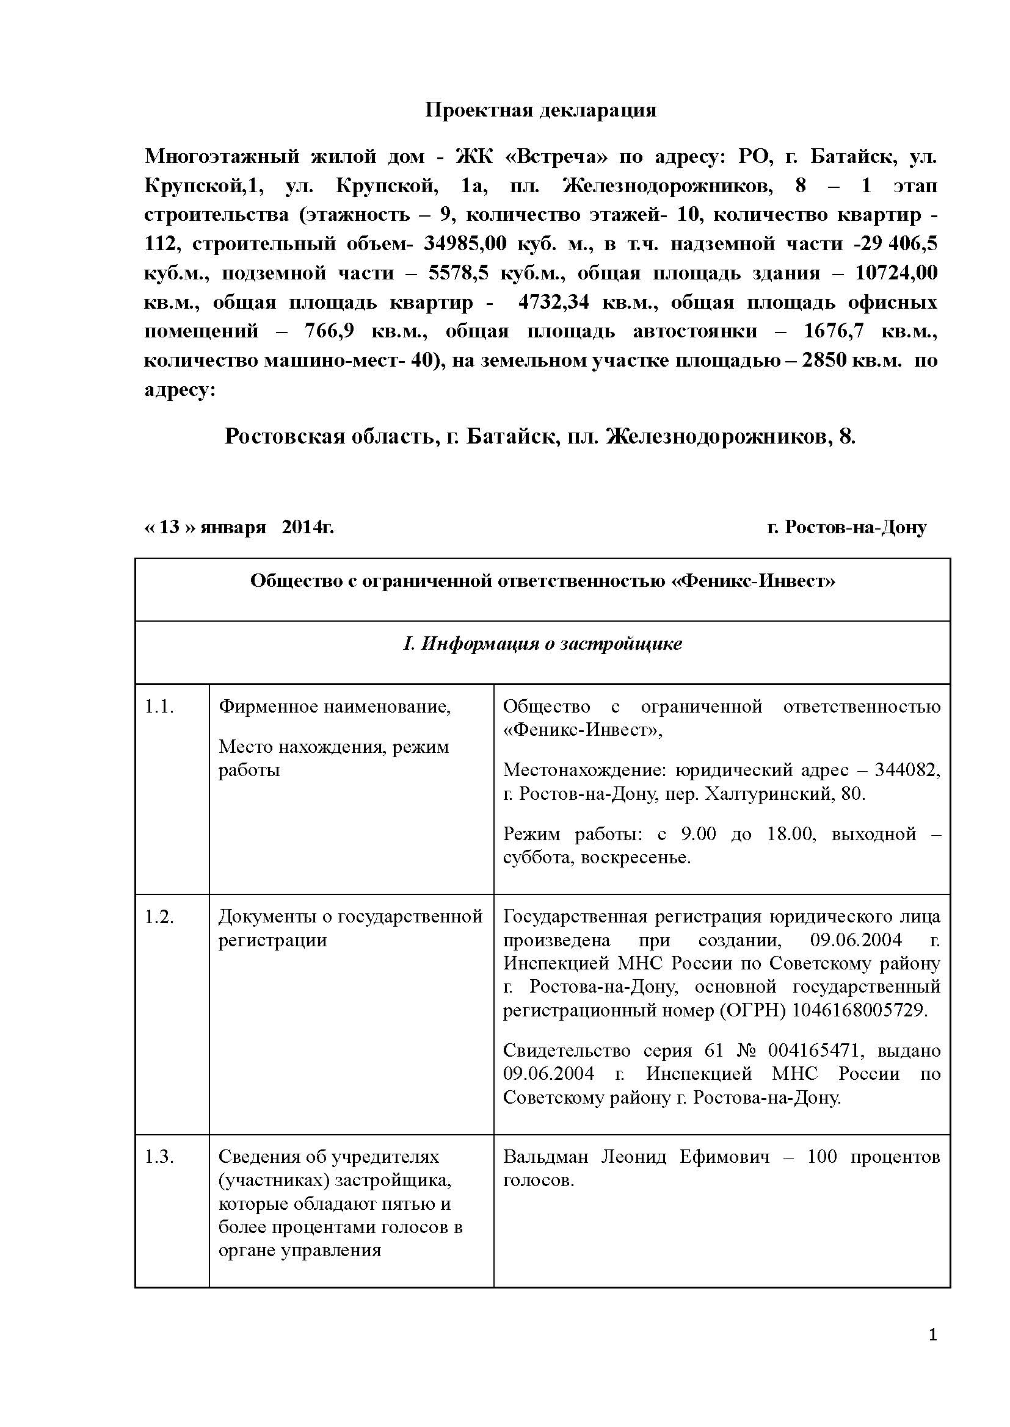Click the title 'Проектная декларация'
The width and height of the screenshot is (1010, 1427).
click(x=540, y=110)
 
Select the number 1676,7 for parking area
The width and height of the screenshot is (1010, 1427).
click(x=834, y=331)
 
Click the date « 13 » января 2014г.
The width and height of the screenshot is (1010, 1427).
click(x=239, y=527)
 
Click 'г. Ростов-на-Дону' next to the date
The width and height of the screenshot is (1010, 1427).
click(x=846, y=527)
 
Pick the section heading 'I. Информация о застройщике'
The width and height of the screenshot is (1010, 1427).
click(x=542, y=643)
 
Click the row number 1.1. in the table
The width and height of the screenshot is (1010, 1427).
click(x=159, y=706)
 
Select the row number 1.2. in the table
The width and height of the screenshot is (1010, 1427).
click(x=159, y=917)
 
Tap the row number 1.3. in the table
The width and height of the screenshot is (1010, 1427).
click(x=159, y=1157)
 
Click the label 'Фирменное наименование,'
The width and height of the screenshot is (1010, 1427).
click(x=335, y=706)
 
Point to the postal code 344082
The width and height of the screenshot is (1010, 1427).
click(x=907, y=770)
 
